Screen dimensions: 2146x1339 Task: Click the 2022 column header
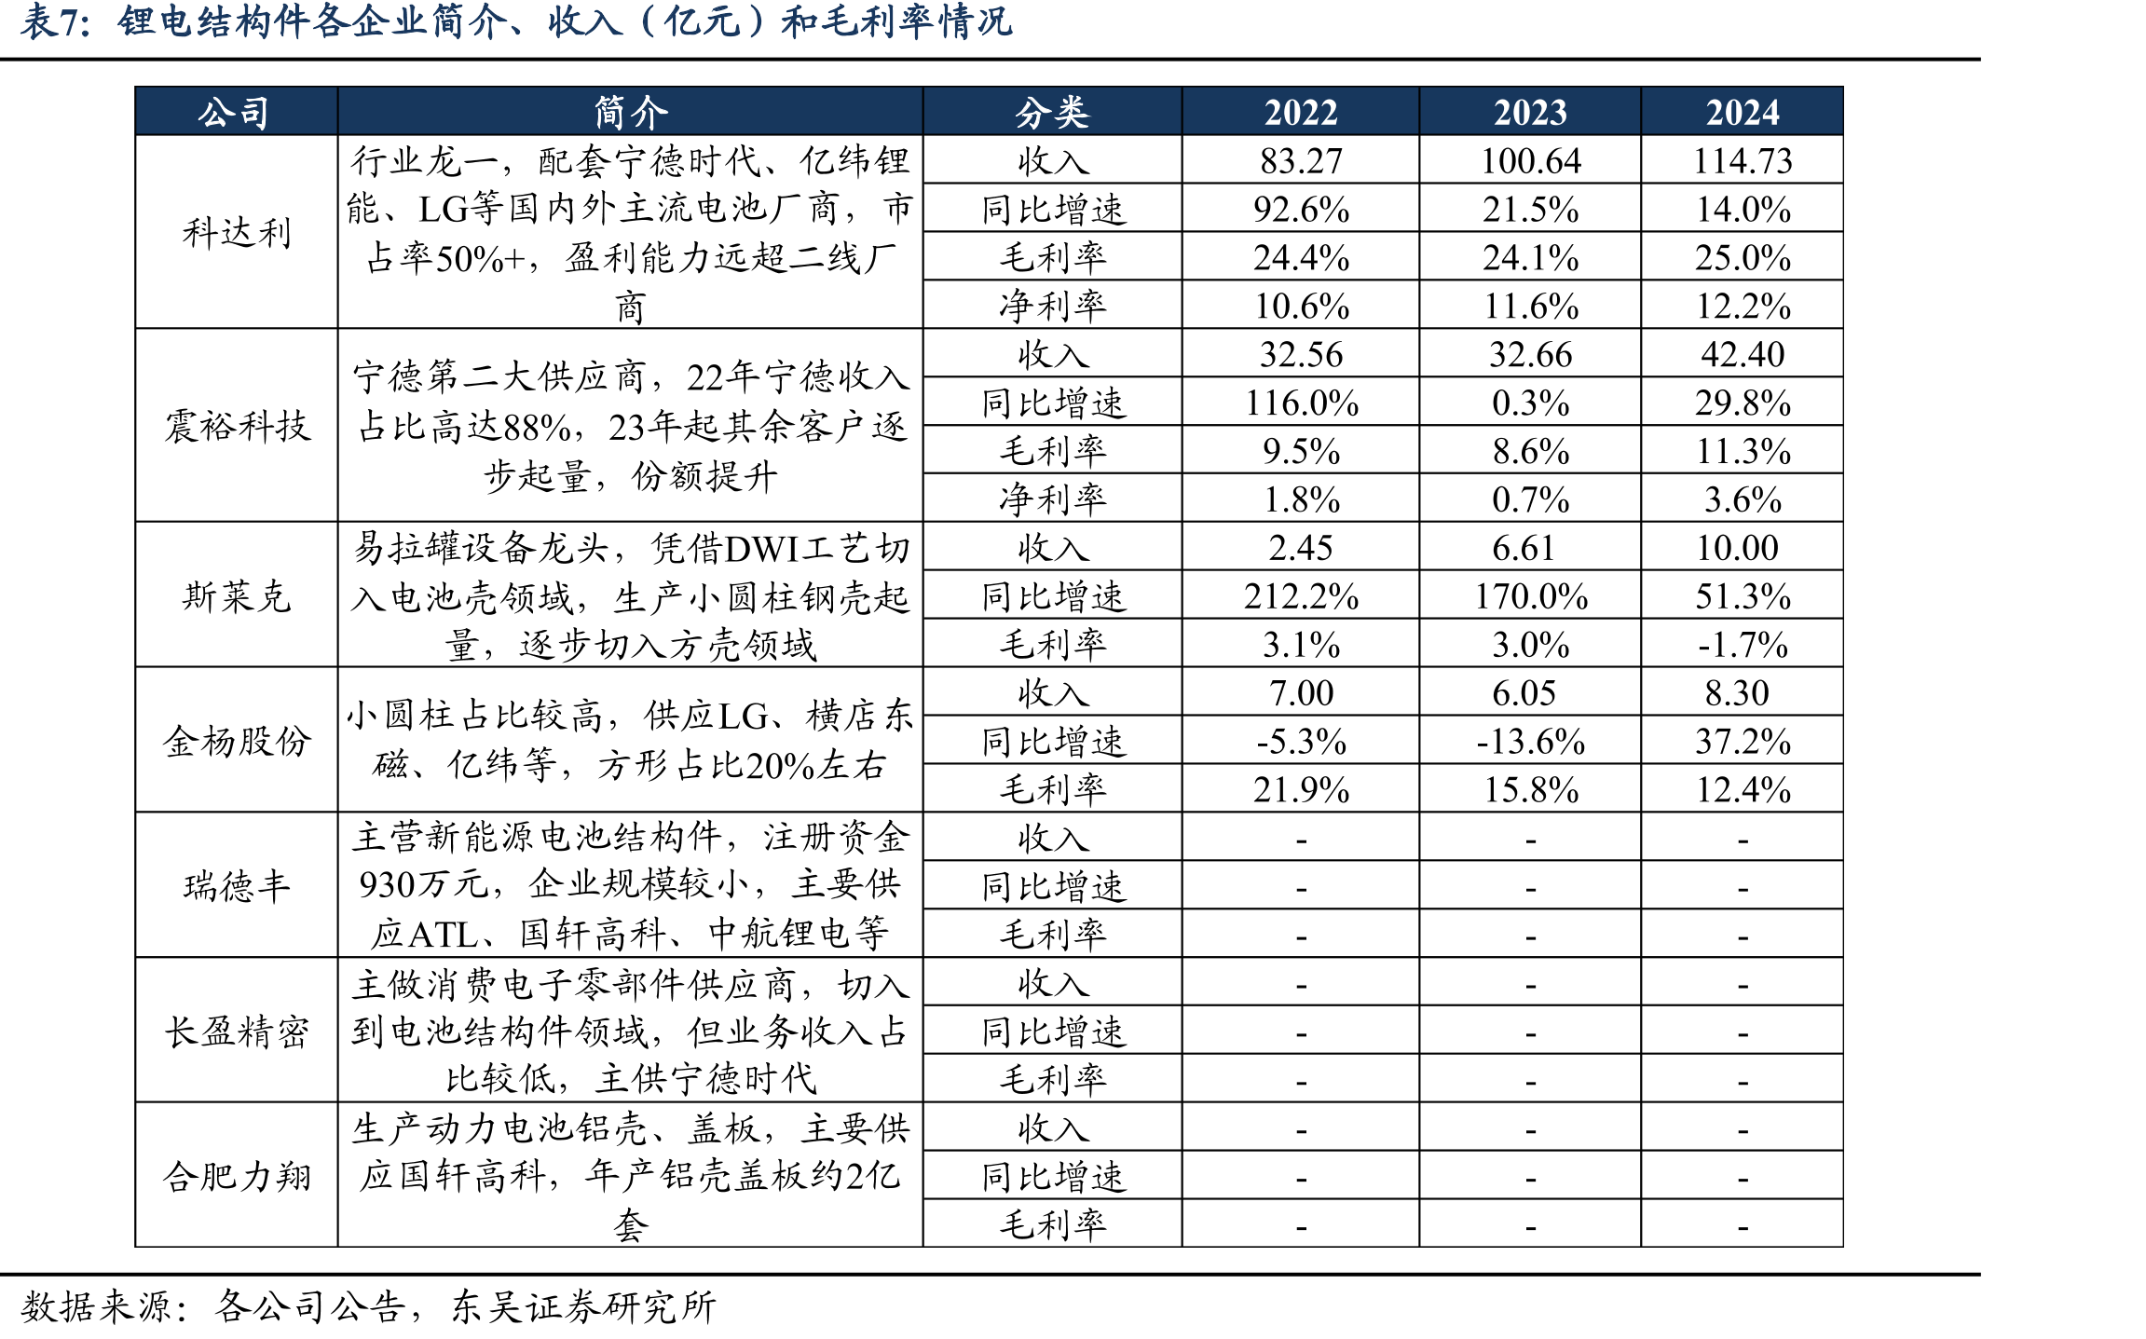1300,113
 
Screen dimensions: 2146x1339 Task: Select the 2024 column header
1743,113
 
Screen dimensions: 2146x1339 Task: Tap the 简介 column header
631,113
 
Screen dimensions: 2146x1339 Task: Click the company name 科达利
237,233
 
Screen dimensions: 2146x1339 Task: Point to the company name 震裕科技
237,427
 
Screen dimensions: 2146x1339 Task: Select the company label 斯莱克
237,596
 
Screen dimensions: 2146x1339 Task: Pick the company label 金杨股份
237,742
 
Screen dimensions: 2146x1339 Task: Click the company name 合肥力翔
237,1177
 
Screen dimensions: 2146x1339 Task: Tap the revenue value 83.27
1301,161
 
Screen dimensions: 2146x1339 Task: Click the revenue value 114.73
1743,161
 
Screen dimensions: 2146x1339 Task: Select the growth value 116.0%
1301,403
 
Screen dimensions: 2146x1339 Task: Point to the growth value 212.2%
1301,596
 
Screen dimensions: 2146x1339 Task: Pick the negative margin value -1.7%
1743,645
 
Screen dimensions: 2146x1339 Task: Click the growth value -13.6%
1530,742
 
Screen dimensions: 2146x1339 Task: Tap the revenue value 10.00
1737,548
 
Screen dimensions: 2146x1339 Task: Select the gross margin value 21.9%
1301,790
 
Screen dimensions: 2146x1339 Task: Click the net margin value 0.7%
1530,500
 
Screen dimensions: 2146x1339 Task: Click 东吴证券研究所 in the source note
583,1306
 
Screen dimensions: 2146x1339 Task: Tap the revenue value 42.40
1743,355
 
